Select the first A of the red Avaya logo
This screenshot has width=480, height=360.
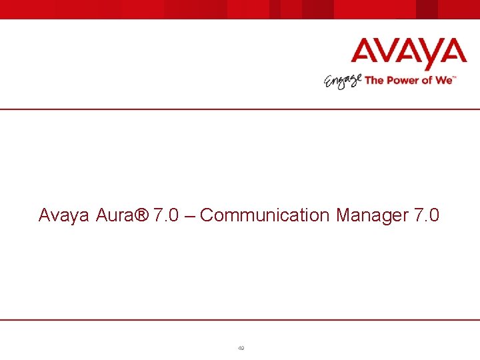coord(366,54)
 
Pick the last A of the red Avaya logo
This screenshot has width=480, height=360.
coord(450,54)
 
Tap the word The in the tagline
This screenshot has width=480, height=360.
coord(374,80)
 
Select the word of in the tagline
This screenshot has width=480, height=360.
coord(427,80)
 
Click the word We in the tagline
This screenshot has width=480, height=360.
coord(444,80)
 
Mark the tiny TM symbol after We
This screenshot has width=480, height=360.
coord(455,77)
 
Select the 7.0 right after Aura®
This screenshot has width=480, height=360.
coord(166,215)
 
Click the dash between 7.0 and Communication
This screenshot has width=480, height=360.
coord(189,216)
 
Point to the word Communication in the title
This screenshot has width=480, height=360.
coord(265,215)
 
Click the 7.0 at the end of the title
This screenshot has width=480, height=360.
coord(427,215)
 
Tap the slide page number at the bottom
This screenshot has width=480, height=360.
coord(241,348)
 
